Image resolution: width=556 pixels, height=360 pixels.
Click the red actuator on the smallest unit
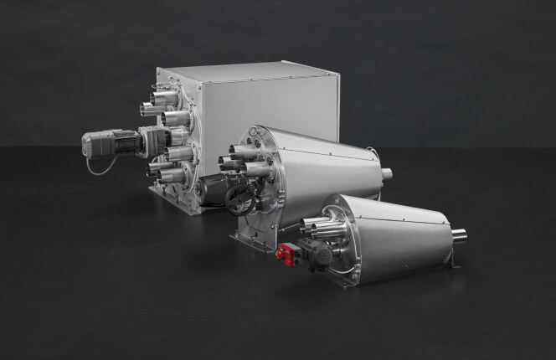[286, 255]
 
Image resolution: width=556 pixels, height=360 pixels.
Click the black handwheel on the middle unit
[241, 198]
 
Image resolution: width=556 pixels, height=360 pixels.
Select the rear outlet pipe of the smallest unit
[459, 237]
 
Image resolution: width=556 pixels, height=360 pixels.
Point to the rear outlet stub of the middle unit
[386, 174]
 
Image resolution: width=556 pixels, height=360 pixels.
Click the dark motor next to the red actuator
[317, 252]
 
